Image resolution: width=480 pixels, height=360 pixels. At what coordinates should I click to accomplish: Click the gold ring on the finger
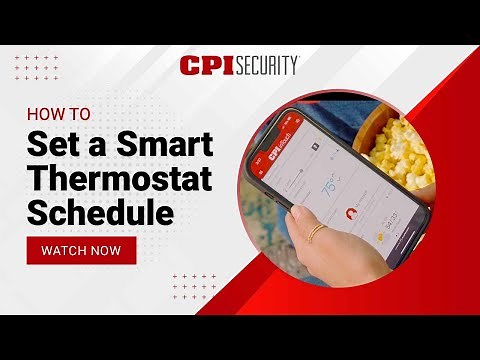pyautogui.click(x=315, y=234)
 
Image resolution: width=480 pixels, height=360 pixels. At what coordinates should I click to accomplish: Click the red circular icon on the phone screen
pyautogui.click(x=352, y=213)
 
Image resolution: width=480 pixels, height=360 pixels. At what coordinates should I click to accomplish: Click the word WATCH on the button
pyautogui.click(x=65, y=250)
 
